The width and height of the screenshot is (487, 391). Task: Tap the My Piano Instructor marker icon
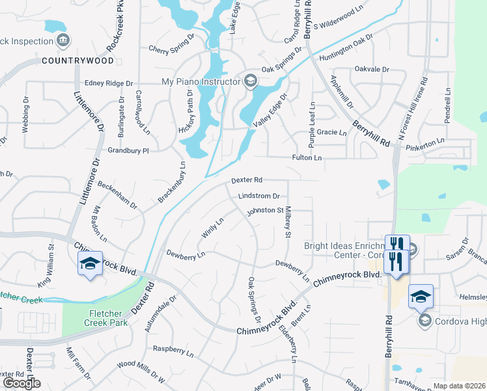[x=249, y=81]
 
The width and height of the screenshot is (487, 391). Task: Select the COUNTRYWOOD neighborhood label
[x=77, y=61]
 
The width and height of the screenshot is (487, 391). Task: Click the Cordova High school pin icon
[x=425, y=320]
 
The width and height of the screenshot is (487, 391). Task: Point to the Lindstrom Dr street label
[x=258, y=195]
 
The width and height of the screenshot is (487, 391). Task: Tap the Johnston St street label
[x=265, y=210]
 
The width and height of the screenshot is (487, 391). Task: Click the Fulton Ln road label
[x=307, y=158]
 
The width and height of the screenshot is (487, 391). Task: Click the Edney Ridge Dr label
[x=109, y=83]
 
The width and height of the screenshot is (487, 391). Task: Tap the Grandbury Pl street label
[x=129, y=150]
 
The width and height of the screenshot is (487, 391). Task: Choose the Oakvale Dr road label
[x=372, y=69]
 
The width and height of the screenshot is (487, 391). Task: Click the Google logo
[x=21, y=383]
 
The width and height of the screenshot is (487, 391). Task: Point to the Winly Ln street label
[x=213, y=227]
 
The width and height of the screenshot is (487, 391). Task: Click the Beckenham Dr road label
[x=117, y=194]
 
